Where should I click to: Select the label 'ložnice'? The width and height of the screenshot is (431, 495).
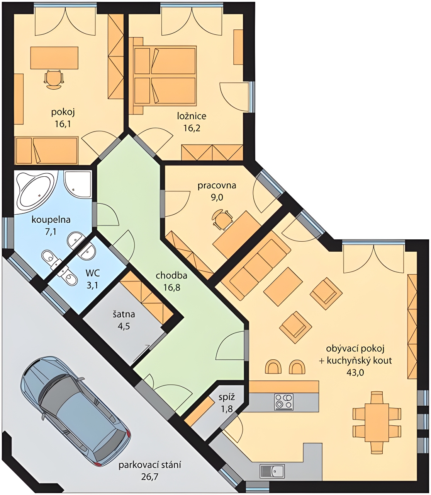pyautogui.click(x=192, y=116)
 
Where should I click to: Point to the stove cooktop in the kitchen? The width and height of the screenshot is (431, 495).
pyautogui.click(x=284, y=402)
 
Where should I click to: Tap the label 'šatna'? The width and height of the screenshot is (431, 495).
pyautogui.click(x=124, y=314)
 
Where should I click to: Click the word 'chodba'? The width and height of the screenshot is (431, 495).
pyautogui.click(x=171, y=276)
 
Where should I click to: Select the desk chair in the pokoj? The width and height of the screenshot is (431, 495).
pyautogui.click(x=54, y=79)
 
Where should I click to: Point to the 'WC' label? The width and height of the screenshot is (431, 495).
pyautogui.click(x=93, y=274)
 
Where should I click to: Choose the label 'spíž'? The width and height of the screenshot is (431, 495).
pyautogui.click(x=227, y=397)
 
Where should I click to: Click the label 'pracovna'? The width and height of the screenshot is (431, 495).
pyautogui.click(x=217, y=186)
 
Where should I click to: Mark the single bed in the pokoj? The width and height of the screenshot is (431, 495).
pyautogui.click(x=46, y=150)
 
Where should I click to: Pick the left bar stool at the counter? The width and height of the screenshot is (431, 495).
pyautogui.click(x=273, y=367)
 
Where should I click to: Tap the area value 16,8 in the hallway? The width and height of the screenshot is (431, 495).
pyautogui.click(x=171, y=288)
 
